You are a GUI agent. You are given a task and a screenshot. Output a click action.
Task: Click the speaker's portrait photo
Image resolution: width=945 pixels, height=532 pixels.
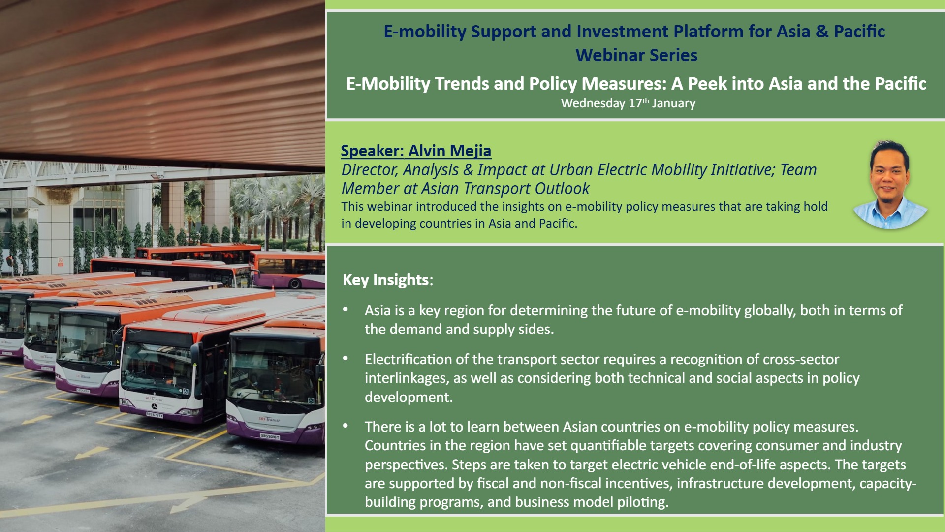tap(890, 185)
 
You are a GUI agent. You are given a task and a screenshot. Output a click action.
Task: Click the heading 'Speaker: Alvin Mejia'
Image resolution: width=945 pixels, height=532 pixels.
tap(416, 151)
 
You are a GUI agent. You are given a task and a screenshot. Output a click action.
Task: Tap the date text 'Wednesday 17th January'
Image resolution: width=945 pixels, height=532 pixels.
tap(628, 103)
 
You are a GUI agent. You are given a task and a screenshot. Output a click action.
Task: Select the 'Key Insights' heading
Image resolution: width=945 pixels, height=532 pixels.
tap(388, 280)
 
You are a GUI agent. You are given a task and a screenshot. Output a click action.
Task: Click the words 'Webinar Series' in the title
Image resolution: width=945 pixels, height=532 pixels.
tap(636, 55)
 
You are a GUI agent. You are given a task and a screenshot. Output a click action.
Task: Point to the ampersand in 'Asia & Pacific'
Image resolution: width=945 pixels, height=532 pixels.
tap(821, 32)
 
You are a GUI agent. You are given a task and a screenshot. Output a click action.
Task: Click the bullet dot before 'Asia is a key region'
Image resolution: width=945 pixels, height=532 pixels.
tap(346, 310)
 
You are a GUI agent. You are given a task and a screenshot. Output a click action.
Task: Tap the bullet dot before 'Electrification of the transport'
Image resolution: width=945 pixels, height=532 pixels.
tap(346, 359)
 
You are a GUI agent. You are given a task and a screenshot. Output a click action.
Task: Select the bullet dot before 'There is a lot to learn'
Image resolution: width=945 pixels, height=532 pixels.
tap(346, 426)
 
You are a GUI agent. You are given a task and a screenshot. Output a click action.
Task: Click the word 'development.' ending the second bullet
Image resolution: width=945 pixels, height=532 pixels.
tap(409, 397)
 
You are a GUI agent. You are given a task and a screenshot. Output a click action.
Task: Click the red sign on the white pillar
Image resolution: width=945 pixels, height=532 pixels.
tap(61, 262)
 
